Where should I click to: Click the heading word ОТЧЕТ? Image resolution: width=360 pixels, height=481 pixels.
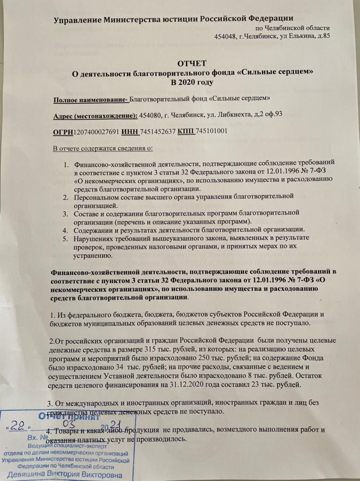click(x=192, y=64)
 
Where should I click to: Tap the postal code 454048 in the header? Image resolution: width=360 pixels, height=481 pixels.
click(x=225, y=36)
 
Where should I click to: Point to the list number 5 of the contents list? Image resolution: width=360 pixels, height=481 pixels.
click(x=65, y=238)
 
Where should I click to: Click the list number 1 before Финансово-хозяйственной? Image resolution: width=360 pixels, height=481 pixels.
click(x=65, y=164)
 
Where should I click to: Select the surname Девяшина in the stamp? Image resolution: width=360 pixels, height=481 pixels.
click(x=26, y=474)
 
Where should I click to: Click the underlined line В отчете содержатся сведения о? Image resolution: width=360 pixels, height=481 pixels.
click(x=103, y=148)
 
